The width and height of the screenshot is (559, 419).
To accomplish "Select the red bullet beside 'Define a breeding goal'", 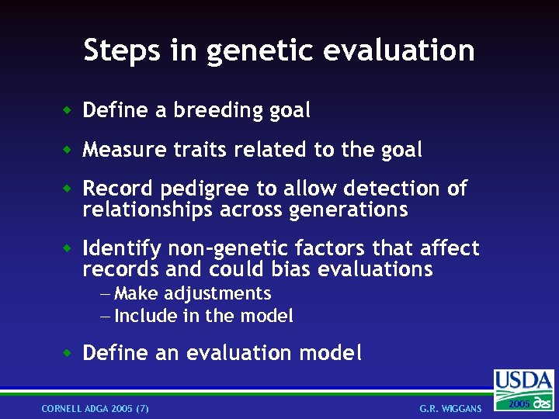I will click(68, 111).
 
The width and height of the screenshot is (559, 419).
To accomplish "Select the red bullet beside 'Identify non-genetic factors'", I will click(68, 249).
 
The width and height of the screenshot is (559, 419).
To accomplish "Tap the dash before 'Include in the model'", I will click(106, 317).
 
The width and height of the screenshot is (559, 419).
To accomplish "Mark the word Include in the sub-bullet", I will click(146, 316).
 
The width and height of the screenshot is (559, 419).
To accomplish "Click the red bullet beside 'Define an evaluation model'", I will click(68, 354).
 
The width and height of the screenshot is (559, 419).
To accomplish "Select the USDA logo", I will click(524, 382).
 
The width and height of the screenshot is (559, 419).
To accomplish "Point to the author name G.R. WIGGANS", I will click(450, 408).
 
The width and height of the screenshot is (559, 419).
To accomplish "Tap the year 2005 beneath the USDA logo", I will click(516, 404).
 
